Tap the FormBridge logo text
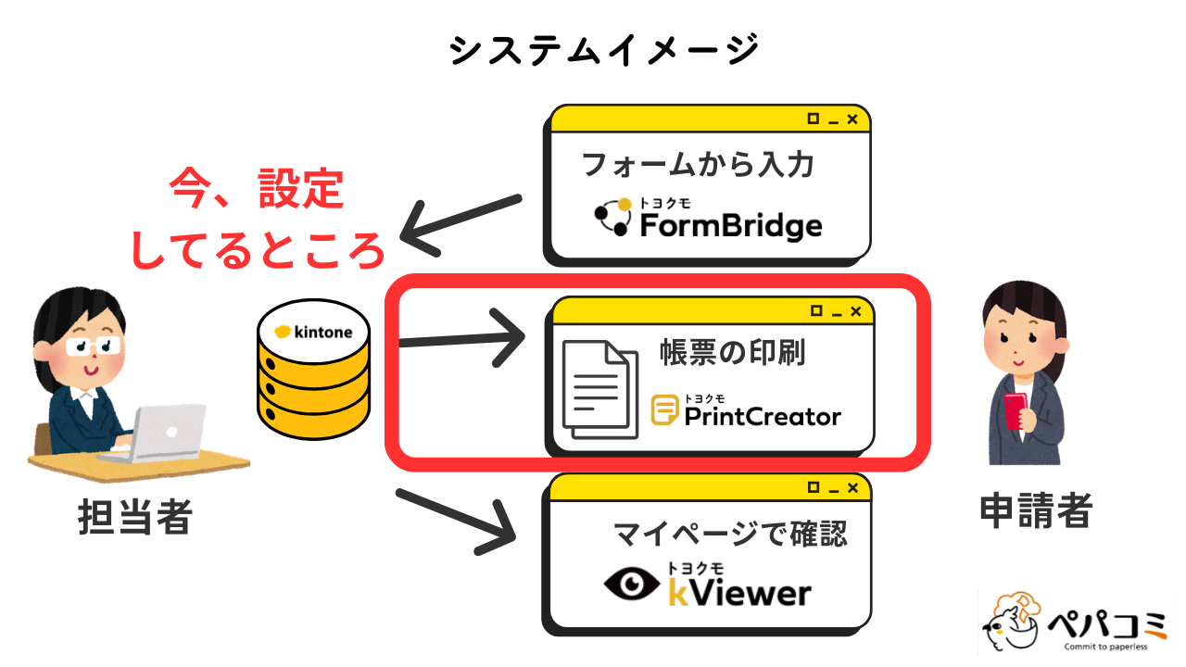point(730,224)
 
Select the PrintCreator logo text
point(762,416)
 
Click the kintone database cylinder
point(313,381)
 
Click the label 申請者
point(1036,509)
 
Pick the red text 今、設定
point(257,190)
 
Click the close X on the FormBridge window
point(852,119)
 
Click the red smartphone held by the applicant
point(1015,409)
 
